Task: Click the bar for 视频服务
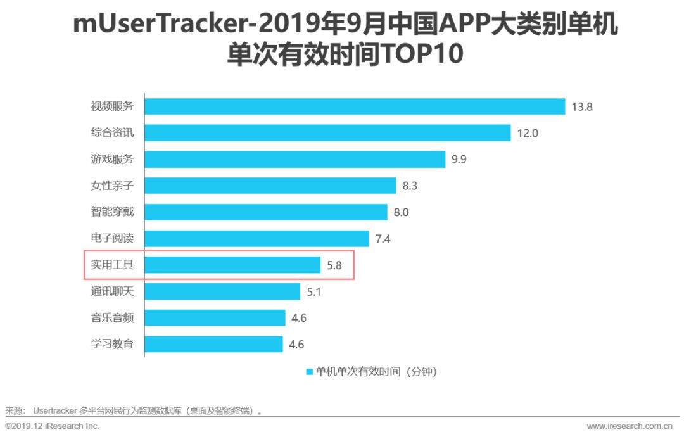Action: click(355, 106)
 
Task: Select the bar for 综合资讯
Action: click(327, 133)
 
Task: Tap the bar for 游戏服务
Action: click(294, 159)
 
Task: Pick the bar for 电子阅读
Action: click(256, 238)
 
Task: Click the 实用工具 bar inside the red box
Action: click(232, 265)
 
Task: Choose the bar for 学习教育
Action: click(213, 344)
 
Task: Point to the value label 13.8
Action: click(581, 106)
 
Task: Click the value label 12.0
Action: click(527, 133)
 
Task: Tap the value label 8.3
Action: click(410, 186)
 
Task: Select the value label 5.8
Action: click(334, 265)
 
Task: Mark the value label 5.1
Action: click(313, 291)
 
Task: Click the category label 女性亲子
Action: click(112, 186)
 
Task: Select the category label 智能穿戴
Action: click(112, 212)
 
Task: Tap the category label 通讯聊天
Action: click(112, 291)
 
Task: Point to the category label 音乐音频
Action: click(112, 318)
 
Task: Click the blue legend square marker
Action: click(310, 372)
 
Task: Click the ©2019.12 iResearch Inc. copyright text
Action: click(52, 426)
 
